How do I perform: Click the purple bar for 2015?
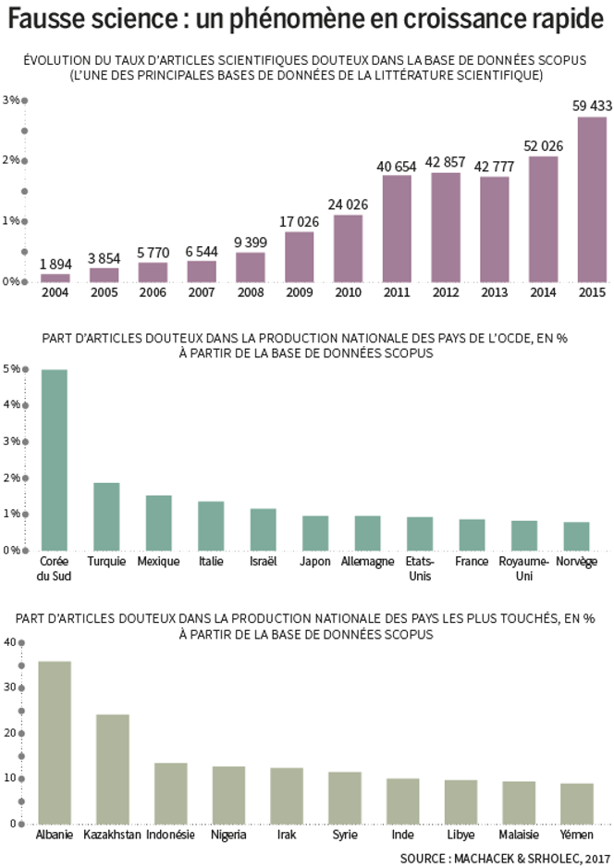click(592, 199)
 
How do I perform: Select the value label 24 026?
click(348, 205)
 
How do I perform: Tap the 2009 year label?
click(299, 292)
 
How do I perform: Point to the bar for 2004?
click(55, 277)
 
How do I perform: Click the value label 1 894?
click(55, 264)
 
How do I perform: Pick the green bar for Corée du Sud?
click(55, 459)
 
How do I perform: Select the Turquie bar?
click(106, 515)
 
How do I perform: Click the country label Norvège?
click(576, 562)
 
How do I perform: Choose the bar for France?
click(472, 534)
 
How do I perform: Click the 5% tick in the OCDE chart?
click(11, 369)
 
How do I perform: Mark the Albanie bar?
click(55, 741)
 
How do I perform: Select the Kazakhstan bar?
click(113, 768)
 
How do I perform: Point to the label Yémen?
click(576, 835)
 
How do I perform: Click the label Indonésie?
click(171, 835)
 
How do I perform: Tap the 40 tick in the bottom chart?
click(9, 642)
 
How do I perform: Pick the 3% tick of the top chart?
click(11, 100)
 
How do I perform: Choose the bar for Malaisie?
click(519, 801)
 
